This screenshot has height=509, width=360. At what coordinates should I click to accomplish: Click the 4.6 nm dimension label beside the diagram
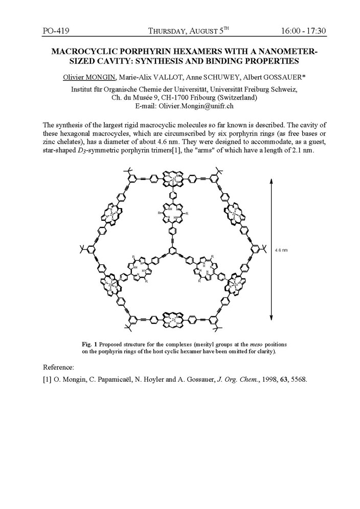pyautogui.click(x=281, y=250)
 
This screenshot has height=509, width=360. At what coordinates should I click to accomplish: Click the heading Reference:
pyautogui.click(x=59, y=367)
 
